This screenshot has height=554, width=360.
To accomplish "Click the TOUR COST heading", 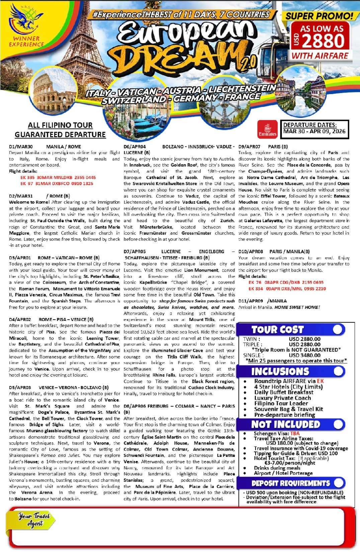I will [x=277, y=330].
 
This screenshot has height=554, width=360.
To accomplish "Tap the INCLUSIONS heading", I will [x=280, y=372].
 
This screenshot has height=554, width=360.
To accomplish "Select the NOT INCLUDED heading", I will [x=285, y=424].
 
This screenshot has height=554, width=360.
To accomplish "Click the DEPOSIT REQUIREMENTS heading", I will [x=290, y=483].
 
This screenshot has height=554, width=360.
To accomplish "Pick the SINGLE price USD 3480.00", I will [x=304, y=355].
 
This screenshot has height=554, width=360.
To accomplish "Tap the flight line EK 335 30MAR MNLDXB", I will [x=58, y=177].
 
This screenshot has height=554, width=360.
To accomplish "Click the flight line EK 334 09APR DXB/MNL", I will [x=287, y=289].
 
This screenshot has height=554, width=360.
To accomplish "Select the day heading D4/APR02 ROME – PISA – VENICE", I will [x=51, y=319].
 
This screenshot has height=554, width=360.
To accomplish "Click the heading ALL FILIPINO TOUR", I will [x=60, y=125].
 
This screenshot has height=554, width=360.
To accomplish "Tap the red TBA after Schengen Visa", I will [x=295, y=433].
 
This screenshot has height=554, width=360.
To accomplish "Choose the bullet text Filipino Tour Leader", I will [x=281, y=403].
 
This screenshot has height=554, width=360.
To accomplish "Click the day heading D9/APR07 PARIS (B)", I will [x=263, y=147].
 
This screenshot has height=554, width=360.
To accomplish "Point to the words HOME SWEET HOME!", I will [x=297, y=307].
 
